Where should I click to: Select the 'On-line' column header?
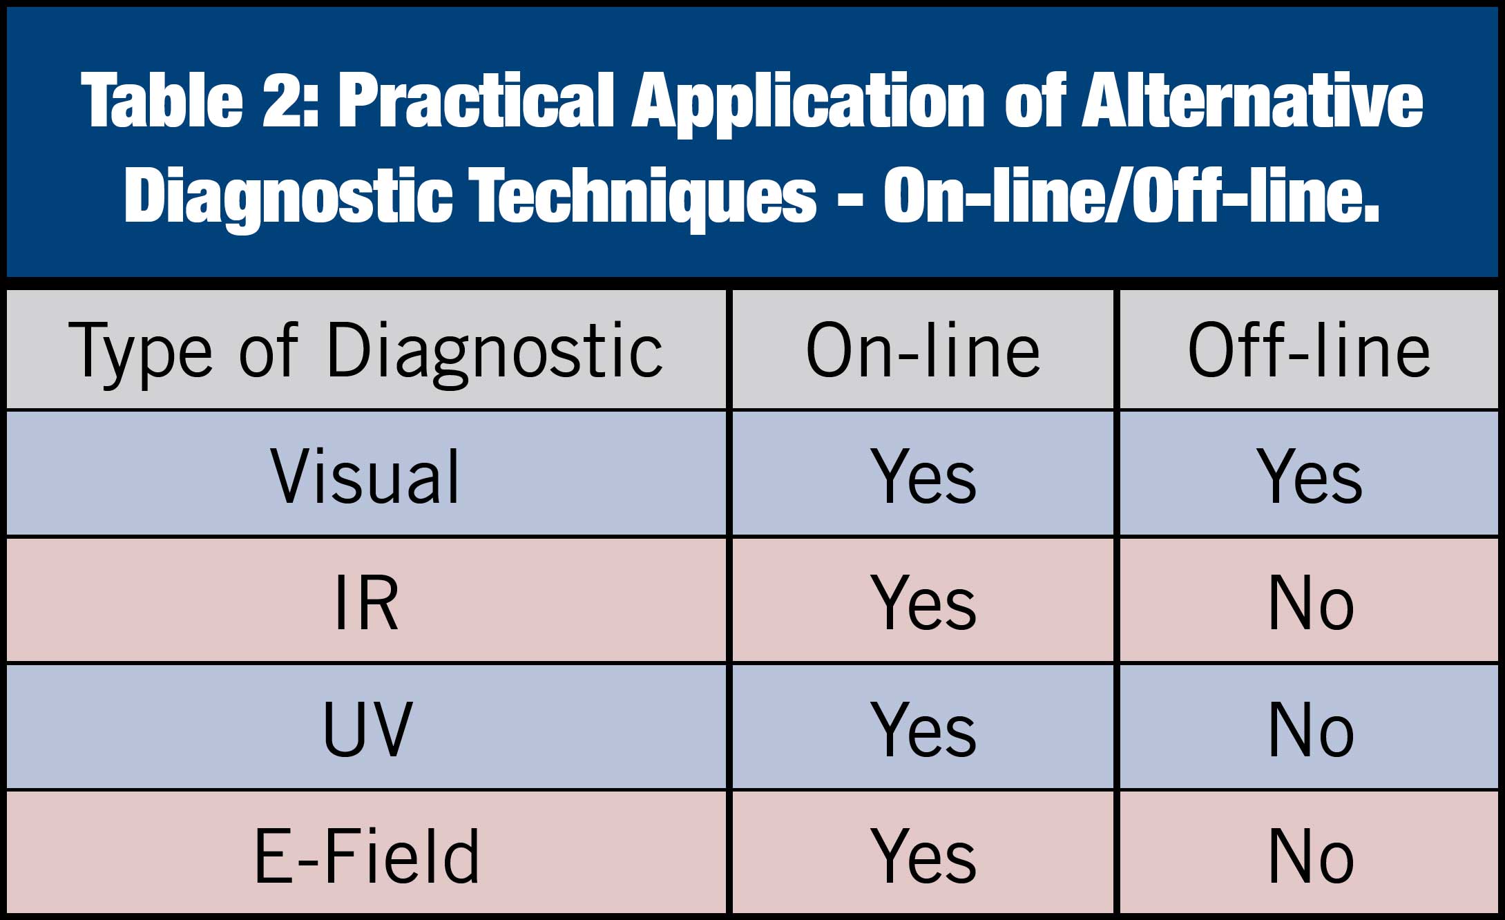923,351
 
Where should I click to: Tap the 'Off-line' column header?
1309,351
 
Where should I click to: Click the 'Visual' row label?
365,476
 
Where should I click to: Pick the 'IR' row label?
366,602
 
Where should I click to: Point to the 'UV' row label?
367,729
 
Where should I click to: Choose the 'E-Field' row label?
367,856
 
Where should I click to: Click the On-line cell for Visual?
923,476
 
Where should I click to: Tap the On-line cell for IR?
923,602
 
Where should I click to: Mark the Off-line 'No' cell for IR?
1311,603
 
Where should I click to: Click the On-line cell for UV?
923,729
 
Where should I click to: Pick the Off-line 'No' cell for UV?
1311,730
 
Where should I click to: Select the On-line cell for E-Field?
923,856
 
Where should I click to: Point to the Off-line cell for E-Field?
1311,856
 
